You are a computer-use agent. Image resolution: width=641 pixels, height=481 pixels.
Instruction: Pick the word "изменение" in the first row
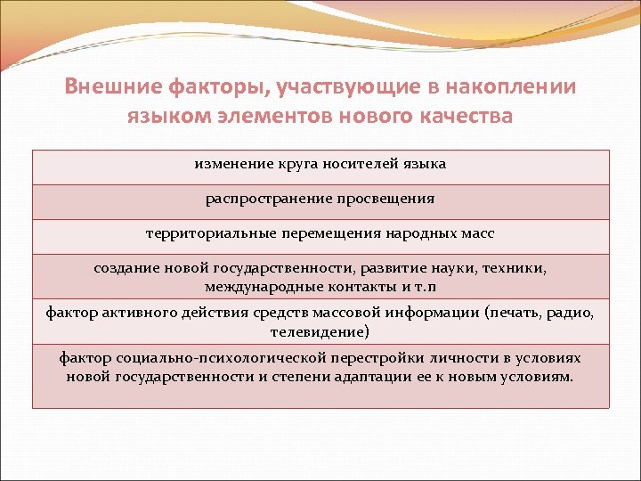pos(232,164)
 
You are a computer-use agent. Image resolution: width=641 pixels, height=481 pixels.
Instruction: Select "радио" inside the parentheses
pos(569,312)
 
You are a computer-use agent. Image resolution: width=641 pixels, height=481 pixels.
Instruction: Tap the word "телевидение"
pos(316,332)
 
